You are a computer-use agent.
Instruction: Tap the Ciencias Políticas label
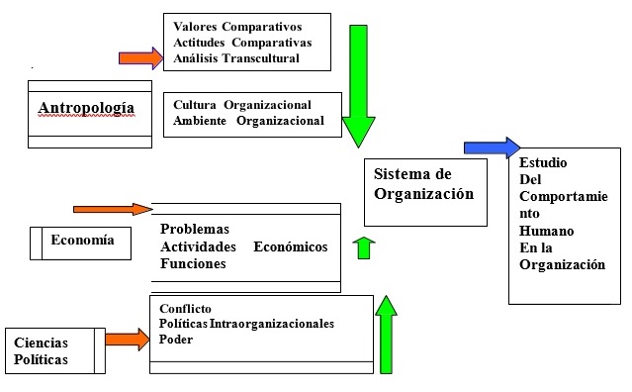42,351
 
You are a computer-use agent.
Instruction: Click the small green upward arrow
363,247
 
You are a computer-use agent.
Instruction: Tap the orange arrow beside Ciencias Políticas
127,340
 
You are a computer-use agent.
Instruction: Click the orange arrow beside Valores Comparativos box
138,57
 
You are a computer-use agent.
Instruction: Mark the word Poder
175,340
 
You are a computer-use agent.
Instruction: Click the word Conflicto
186,308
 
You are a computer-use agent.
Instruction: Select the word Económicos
291,246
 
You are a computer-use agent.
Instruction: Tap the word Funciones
193,264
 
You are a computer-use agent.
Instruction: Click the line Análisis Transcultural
235,58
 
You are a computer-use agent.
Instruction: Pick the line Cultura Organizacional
242,104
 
